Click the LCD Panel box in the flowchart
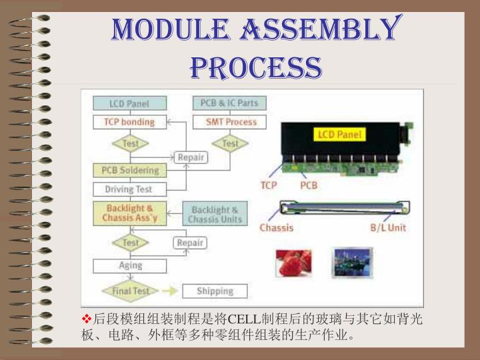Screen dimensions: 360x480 [x=129, y=103]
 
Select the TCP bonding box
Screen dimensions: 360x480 [x=129, y=122]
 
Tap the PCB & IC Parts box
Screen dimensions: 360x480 [x=229, y=103]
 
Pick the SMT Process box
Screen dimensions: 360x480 [x=229, y=122]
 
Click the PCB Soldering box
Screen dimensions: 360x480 [x=129, y=170]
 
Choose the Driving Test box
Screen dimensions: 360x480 [x=129, y=189]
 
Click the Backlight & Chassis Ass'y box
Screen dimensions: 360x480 [x=129, y=213]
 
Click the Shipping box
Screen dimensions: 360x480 [x=214, y=291]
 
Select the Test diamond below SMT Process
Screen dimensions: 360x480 [x=229, y=143]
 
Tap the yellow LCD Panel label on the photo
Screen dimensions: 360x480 [x=339, y=135]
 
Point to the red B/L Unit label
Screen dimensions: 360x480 [x=388, y=227]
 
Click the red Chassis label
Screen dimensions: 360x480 [x=276, y=227]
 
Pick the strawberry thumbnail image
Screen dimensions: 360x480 [x=293, y=262]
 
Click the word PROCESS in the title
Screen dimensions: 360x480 [x=256, y=67]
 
